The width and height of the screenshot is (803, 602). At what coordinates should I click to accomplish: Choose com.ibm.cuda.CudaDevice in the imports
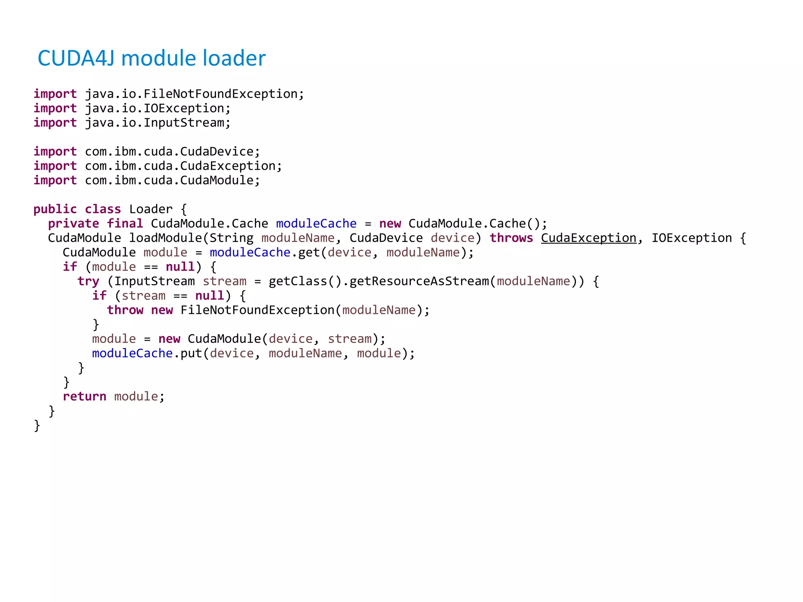[x=172, y=152]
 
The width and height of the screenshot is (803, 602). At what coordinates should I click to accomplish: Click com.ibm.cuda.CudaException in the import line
[x=183, y=166]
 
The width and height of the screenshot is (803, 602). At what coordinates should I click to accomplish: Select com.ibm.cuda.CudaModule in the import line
[x=172, y=181]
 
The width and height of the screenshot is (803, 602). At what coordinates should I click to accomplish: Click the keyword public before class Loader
[x=55, y=209]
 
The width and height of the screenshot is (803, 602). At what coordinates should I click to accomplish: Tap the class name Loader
[x=151, y=209]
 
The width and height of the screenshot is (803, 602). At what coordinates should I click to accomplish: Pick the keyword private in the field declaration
[x=73, y=224]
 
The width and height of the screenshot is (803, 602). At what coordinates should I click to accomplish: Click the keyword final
[x=125, y=224]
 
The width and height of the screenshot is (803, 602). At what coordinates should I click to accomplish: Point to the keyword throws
[x=511, y=238]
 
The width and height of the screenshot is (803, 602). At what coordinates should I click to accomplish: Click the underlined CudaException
[x=589, y=238]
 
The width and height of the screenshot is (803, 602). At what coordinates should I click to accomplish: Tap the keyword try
[x=88, y=281]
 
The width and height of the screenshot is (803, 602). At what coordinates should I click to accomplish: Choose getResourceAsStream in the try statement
[x=419, y=281]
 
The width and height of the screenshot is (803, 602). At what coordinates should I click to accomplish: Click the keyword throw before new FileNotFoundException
[x=125, y=310]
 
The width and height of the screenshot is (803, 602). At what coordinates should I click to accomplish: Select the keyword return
[x=84, y=397]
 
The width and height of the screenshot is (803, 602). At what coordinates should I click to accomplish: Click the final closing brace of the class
[x=37, y=426]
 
